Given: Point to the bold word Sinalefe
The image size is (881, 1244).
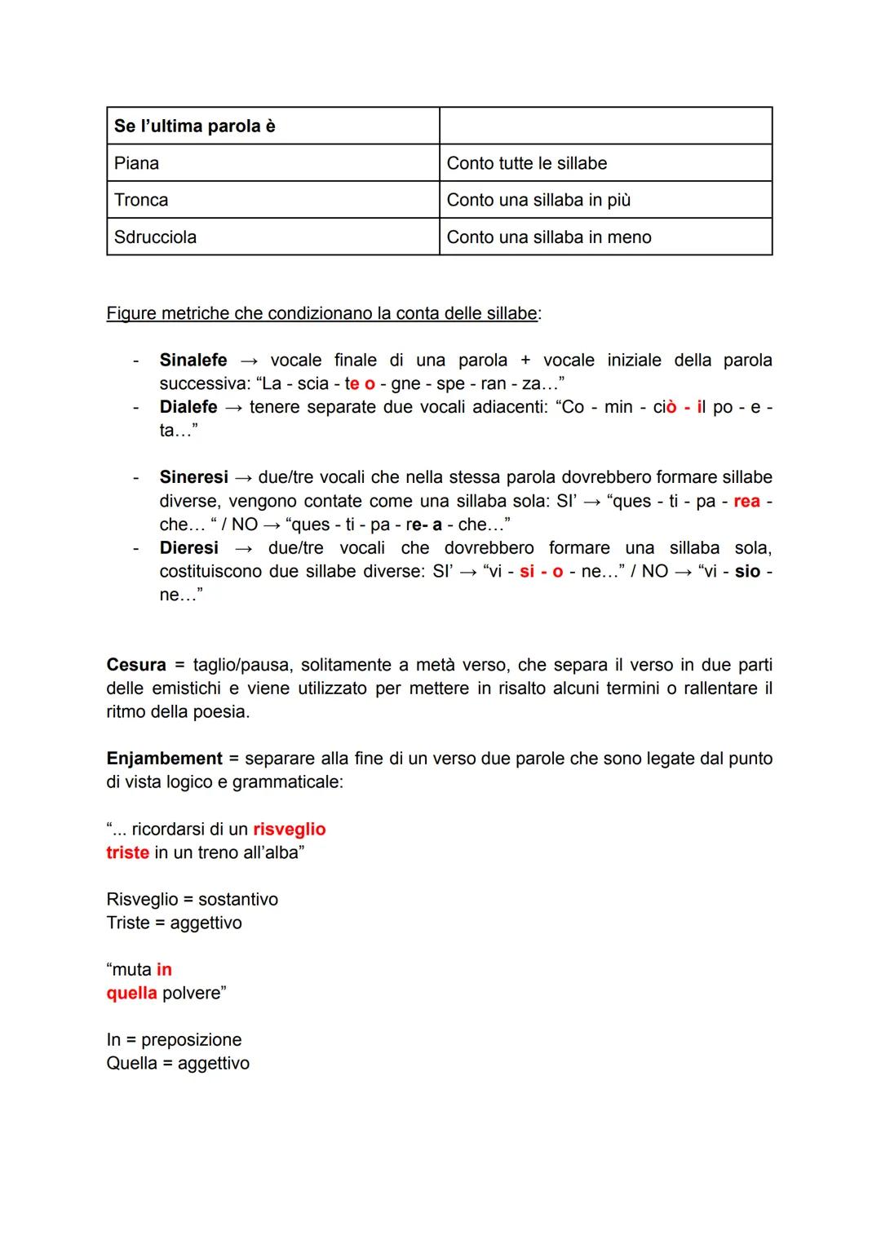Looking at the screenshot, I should pyautogui.click(x=193, y=360).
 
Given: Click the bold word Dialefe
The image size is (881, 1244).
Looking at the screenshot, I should pyautogui.click(x=188, y=407).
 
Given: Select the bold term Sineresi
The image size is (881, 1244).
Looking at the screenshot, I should pyautogui.click(x=193, y=477).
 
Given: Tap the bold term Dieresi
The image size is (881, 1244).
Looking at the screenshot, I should pyautogui.click(x=189, y=547).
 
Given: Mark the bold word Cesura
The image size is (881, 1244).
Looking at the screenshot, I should pyautogui.click(x=136, y=665).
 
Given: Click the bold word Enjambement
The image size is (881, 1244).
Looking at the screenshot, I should pyautogui.click(x=164, y=759).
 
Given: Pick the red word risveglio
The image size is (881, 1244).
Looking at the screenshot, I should pyautogui.click(x=290, y=830).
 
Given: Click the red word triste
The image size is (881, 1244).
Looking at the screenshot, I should pyautogui.click(x=128, y=852).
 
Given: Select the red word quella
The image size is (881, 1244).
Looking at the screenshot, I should pyautogui.click(x=131, y=993).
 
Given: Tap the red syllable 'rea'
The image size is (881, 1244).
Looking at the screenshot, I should pyautogui.click(x=746, y=501).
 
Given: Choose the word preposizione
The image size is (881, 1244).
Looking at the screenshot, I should pyautogui.click(x=192, y=1039).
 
